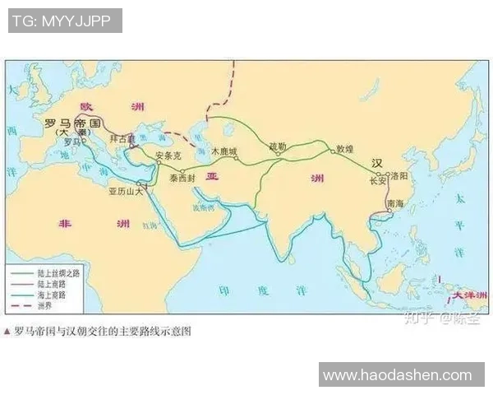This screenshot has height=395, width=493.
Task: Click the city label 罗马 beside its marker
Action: coord(71,142)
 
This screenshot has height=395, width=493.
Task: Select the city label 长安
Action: coord(377,180)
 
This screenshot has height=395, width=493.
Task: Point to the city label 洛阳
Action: coord(399,175)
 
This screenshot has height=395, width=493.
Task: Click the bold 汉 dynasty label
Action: coord(377,161)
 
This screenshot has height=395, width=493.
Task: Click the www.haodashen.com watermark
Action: coord(397,374)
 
